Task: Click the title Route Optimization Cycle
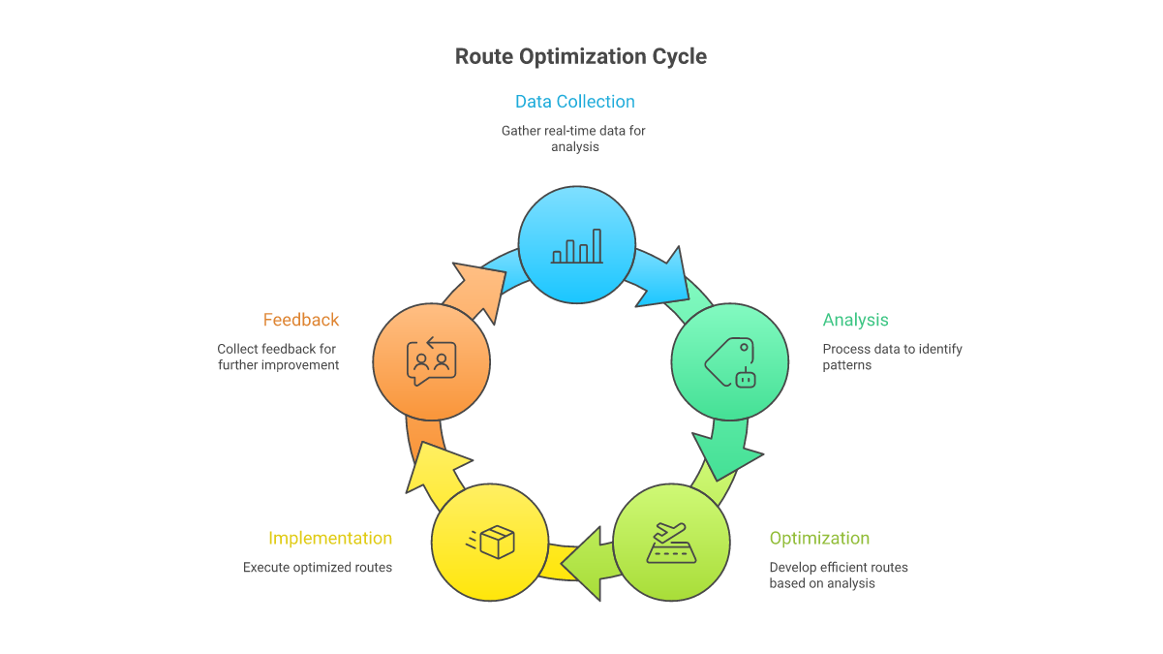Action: pos(581,56)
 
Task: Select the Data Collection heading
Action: pos(574,102)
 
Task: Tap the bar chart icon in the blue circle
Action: pos(577,247)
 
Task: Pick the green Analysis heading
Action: pos(855,320)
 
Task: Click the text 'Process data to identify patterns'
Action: pos(891,357)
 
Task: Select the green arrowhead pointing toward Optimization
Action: pos(725,452)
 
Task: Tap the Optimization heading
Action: pos(819,538)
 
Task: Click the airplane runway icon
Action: pos(672,544)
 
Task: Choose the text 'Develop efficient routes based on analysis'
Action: pos(838,575)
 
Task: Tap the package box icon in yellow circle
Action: pos(491,543)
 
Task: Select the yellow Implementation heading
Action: pos(330,538)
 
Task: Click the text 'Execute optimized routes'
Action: pos(318,567)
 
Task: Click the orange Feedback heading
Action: pos(301,320)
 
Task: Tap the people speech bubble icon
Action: pos(432,361)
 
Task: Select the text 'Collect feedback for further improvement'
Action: pos(278,357)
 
